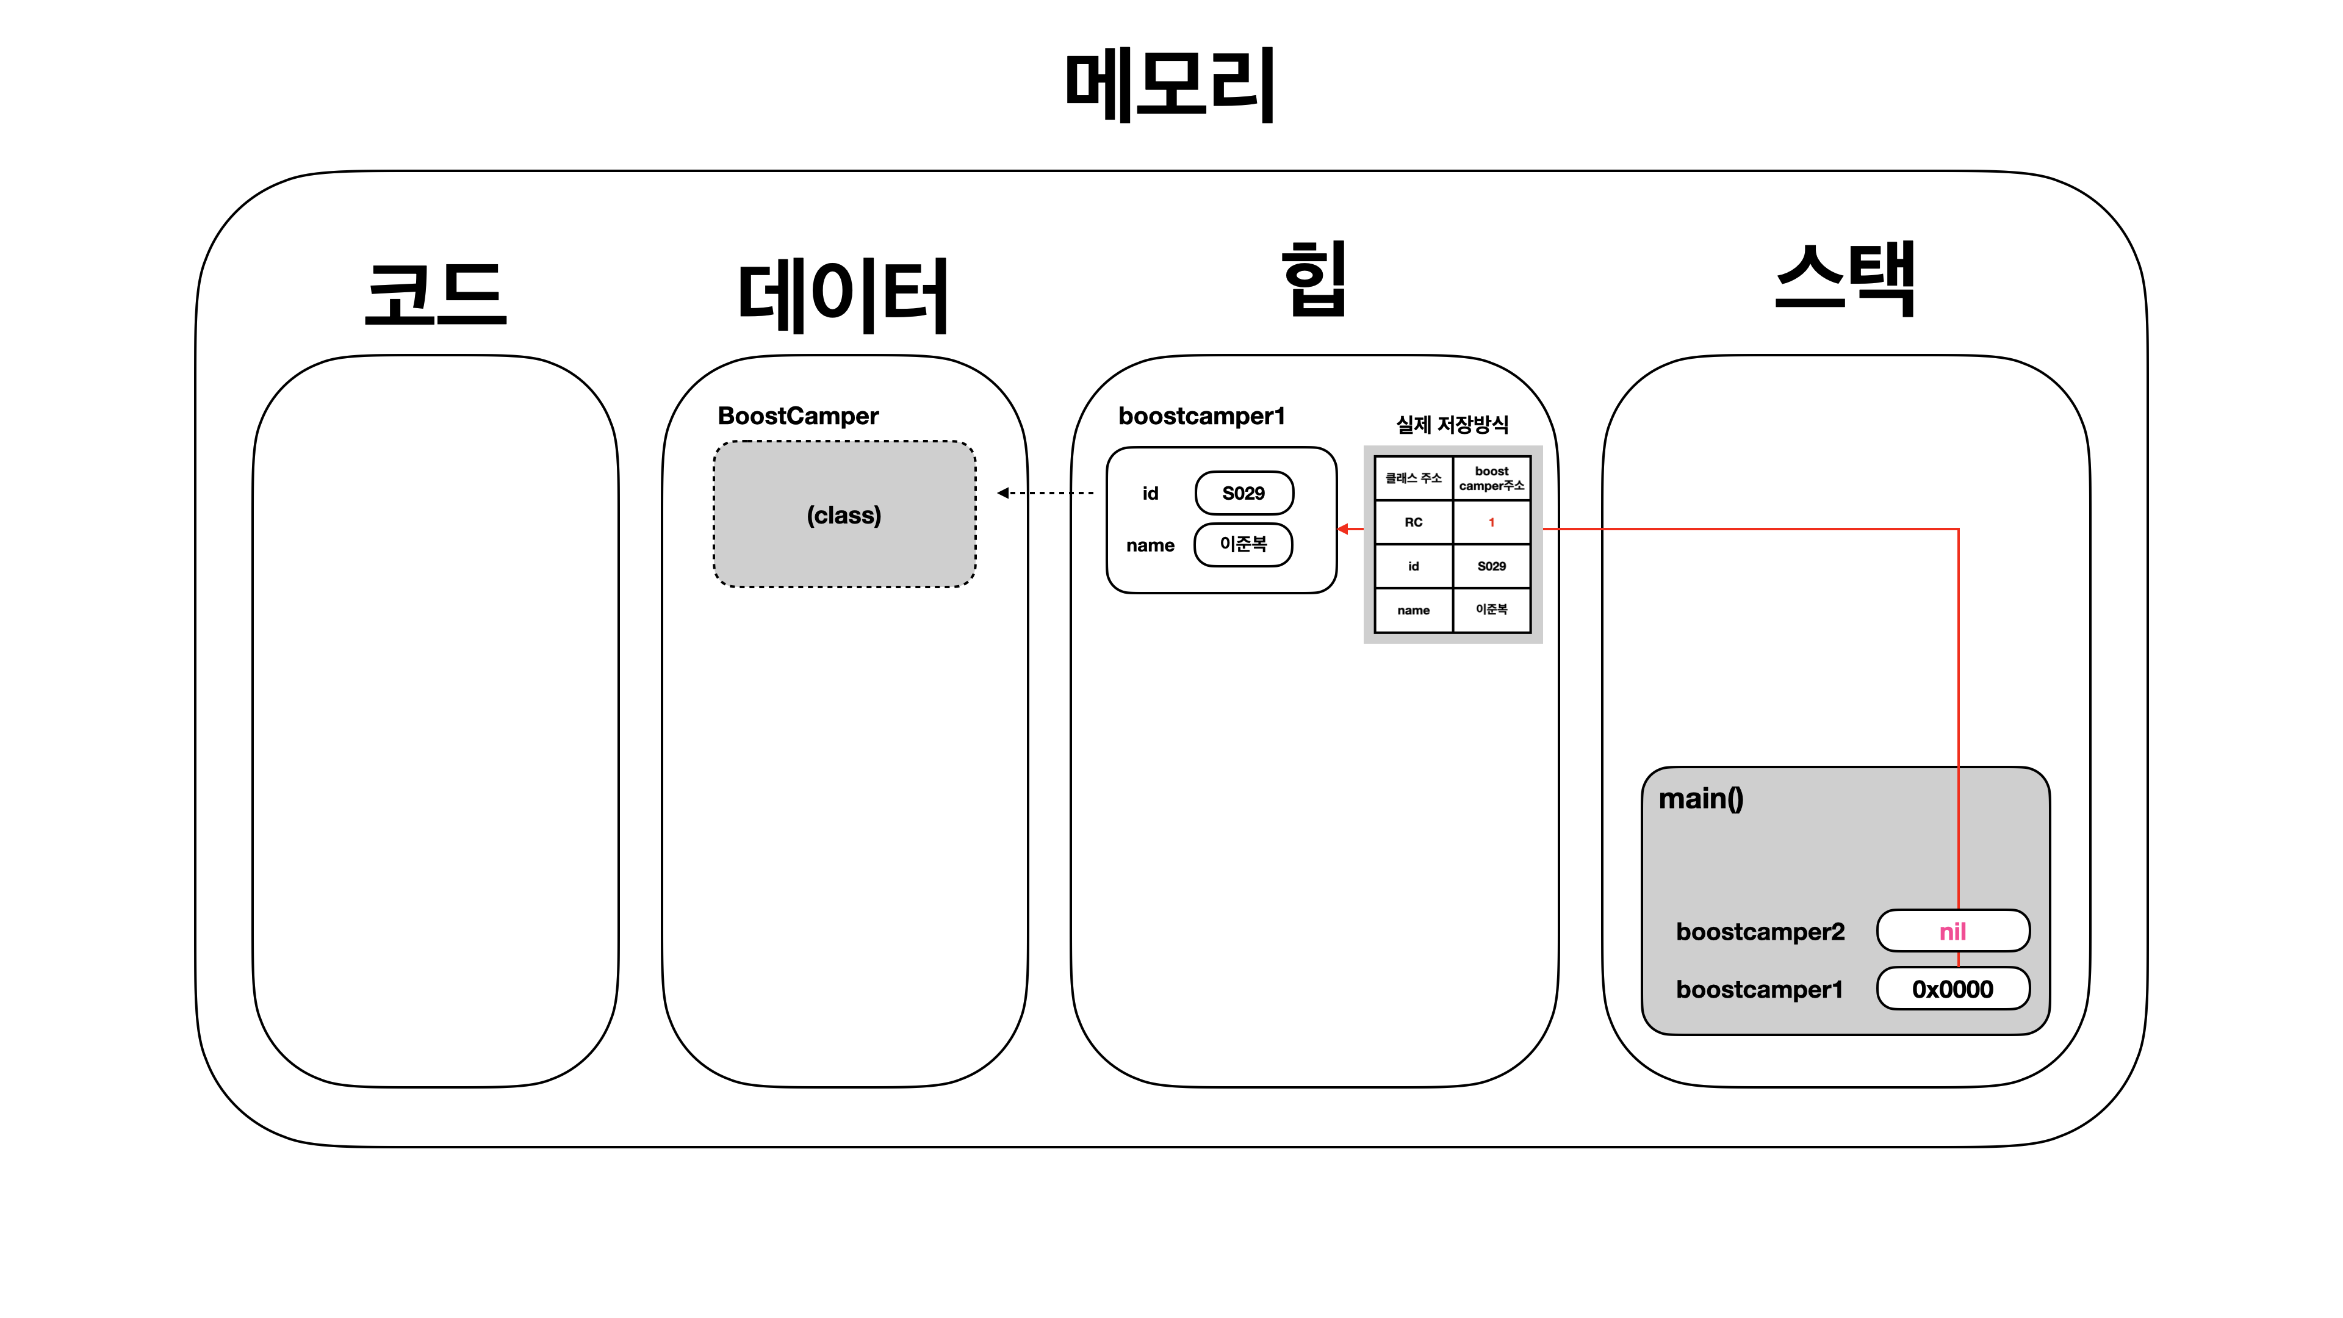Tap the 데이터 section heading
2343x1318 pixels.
[x=843, y=295]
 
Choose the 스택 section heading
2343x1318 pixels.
[x=1845, y=280]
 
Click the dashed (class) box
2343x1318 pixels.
[x=844, y=515]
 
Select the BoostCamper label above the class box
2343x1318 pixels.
[x=797, y=416]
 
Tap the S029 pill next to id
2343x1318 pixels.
[x=1243, y=493]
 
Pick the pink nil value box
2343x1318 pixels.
[x=1952, y=931]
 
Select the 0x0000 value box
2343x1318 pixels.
[x=1952, y=988]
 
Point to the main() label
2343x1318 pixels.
[x=1701, y=799]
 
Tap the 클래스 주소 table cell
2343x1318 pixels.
[x=1414, y=478]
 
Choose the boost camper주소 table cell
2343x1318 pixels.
[x=1492, y=478]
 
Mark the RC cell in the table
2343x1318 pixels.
[x=1414, y=522]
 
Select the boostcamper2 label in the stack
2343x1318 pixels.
[x=1760, y=931]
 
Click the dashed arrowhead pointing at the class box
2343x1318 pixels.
[x=1003, y=493]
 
